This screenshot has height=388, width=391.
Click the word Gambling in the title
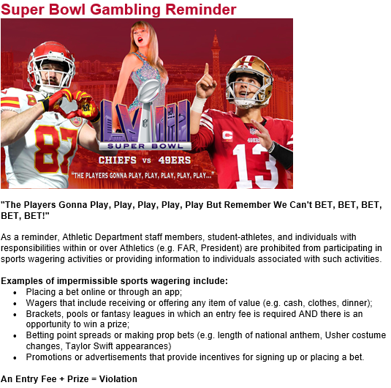[x=126, y=10]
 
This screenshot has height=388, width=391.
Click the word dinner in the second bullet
[x=354, y=302]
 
